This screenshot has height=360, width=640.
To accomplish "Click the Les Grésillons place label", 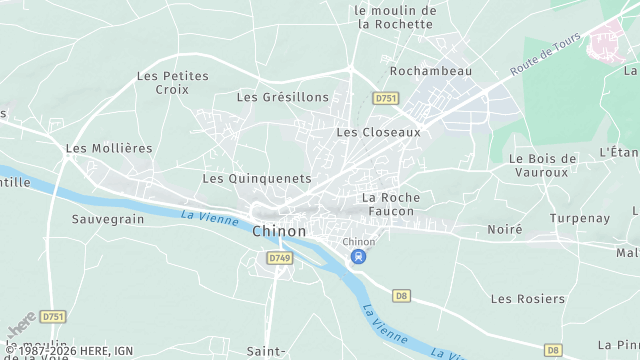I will click(283, 97).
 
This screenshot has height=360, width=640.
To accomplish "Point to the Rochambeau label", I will click(430, 72).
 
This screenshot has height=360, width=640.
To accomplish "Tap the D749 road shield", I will click(280, 258).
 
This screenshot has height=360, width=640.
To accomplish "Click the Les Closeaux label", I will click(378, 131).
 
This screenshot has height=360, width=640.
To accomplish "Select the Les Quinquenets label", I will click(256, 178).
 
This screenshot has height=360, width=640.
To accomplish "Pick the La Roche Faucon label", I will click(391, 205).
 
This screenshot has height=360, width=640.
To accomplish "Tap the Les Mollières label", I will click(109, 148).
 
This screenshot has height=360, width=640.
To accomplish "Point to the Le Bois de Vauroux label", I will click(543, 165).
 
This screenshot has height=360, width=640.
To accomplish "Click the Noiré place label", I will click(505, 229).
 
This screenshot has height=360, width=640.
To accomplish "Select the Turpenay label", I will click(578, 217).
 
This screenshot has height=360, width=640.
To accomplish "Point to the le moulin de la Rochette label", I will click(396, 17).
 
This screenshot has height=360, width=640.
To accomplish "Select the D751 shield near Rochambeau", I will click(385, 98).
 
